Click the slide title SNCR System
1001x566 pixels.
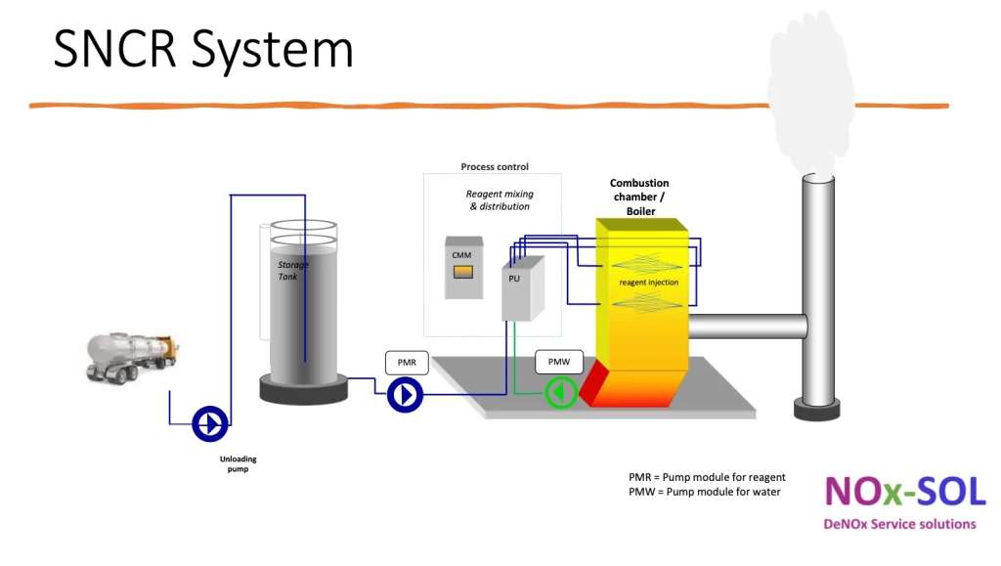(202, 49)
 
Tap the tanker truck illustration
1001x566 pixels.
(133, 356)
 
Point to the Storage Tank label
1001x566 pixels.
(293, 270)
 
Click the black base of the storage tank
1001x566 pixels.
(303, 389)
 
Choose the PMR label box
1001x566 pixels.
(407, 363)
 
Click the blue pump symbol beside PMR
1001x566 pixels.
(405, 395)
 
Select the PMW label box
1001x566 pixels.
(559, 363)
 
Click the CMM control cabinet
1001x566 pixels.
(461, 267)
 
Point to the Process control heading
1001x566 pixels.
(495, 167)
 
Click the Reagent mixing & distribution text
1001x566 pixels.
(500, 200)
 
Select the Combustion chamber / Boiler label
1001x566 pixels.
(640, 196)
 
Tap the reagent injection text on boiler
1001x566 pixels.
(648, 283)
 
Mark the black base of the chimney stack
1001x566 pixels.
(816, 410)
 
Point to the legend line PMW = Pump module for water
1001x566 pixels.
(704, 492)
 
